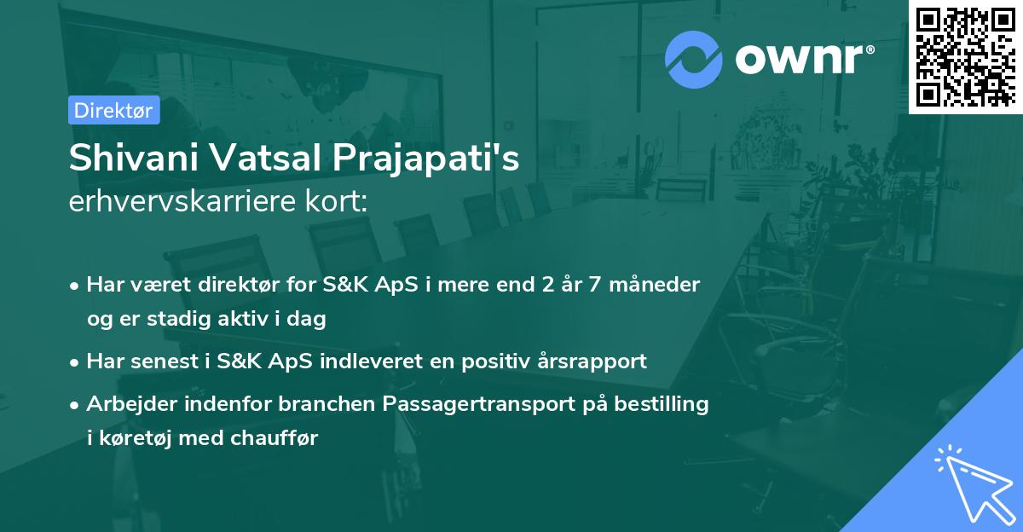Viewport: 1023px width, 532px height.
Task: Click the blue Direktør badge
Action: point(113,110)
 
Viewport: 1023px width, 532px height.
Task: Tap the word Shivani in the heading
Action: point(134,158)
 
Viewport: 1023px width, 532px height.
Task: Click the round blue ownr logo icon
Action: point(693,60)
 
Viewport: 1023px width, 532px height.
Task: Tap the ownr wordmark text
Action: point(804,59)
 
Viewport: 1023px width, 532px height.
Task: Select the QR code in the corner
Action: point(966,57)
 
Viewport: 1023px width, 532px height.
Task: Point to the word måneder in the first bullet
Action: point(655,285)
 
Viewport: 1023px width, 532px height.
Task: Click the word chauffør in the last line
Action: point(274,437)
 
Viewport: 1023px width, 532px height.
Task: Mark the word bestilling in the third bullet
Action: point(662,404)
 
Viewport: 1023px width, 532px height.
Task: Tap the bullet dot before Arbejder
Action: point(74,405)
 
